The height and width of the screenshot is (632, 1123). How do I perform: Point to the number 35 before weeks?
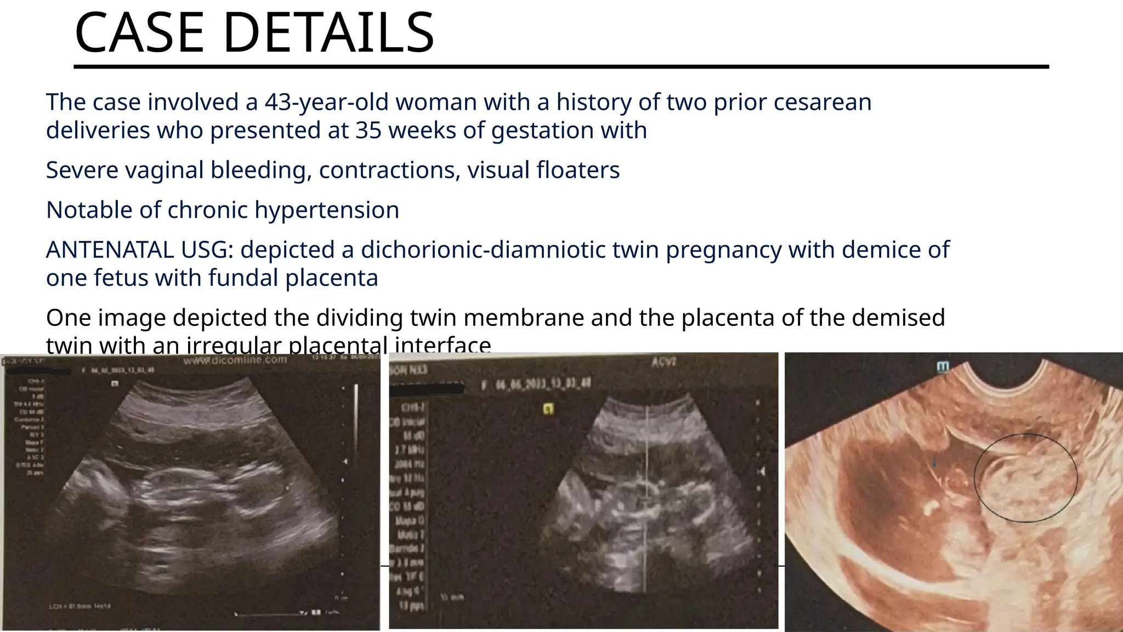(368, 131)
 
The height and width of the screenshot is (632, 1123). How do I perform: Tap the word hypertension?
(327, 210)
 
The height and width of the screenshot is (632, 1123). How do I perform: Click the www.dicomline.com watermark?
(235, 360)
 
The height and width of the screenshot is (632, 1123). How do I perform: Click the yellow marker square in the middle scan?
(547, 408)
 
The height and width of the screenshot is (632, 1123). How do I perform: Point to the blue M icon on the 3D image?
(943, 366)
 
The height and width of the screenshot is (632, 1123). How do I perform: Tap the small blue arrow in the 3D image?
(934, 462)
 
